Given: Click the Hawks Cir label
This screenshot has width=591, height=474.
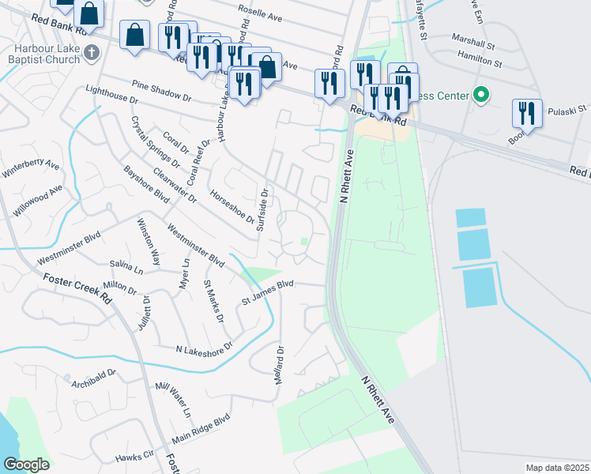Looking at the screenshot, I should tap(134, 456).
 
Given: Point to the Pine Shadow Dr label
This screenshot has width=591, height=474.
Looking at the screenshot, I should tap(162, 87).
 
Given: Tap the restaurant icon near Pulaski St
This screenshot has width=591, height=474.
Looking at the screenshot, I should tap(525, 112).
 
